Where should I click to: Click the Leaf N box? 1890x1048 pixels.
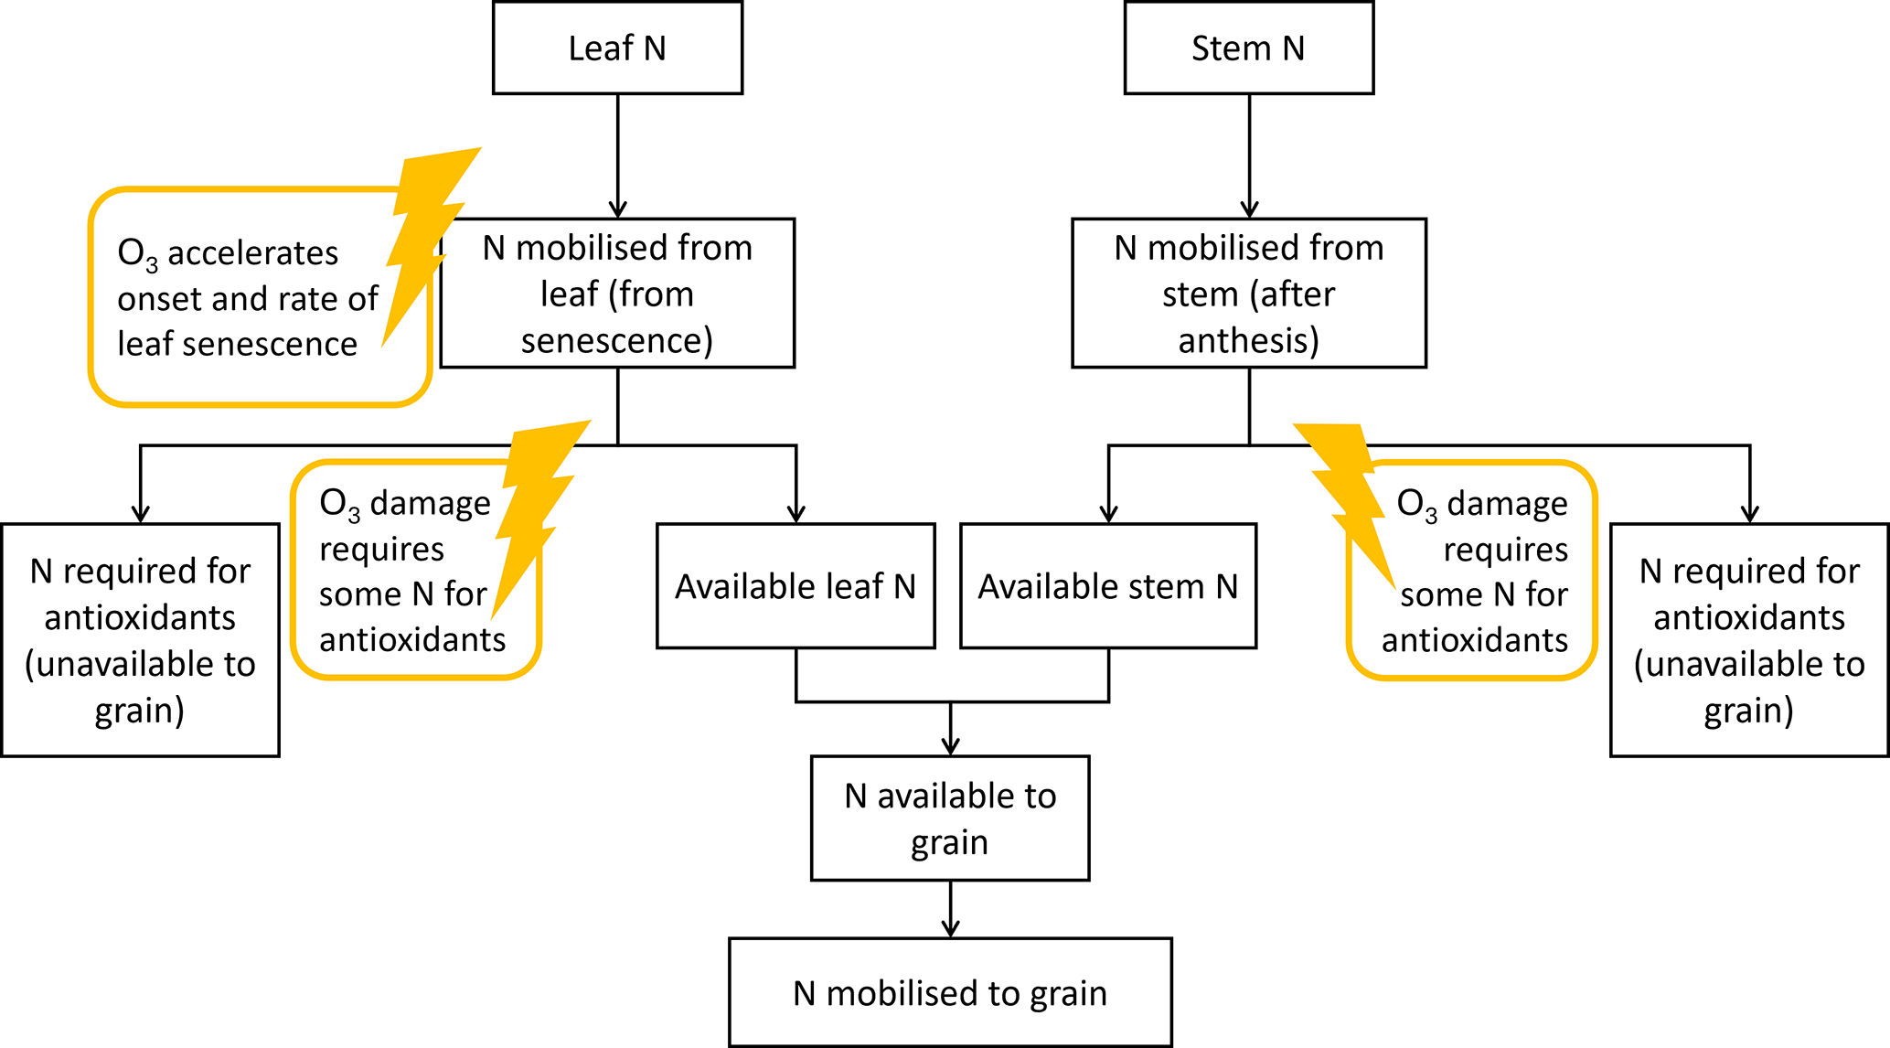617,48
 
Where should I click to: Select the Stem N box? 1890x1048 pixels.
1248,48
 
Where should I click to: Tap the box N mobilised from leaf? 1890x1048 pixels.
617,293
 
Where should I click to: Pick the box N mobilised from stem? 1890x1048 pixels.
1248,293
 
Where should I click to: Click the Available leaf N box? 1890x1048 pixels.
796,586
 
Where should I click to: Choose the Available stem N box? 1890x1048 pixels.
1108,586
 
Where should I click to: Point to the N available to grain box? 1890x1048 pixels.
950,818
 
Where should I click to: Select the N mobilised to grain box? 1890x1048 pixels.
950,993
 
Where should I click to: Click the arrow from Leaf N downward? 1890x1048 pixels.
618,155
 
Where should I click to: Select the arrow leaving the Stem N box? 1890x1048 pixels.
1249,155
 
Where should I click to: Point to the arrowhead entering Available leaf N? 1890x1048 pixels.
796,514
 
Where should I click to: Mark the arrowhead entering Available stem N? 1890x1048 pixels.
1109,514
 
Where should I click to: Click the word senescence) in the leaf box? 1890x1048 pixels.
617,341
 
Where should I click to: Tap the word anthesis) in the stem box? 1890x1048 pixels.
1248,341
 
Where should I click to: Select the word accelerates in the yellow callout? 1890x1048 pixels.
252,253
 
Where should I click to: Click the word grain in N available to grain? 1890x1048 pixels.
949,843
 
